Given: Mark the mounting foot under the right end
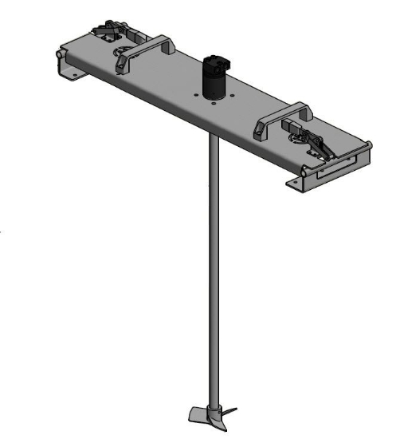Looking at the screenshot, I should pos(296,185).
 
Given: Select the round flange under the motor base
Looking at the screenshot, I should pos(216,97).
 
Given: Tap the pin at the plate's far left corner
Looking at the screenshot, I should pos(59,55).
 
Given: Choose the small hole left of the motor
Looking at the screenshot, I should pos(194,95).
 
